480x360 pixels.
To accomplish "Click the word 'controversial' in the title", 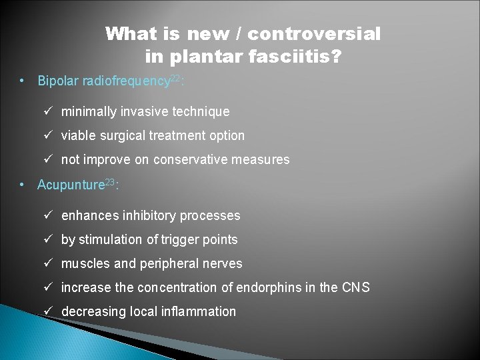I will click(315, 33).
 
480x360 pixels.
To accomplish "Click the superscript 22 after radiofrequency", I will click(175, 79).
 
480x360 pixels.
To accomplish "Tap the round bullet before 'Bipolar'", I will click(23, 81).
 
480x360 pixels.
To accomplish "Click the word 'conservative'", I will click(190, 159).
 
